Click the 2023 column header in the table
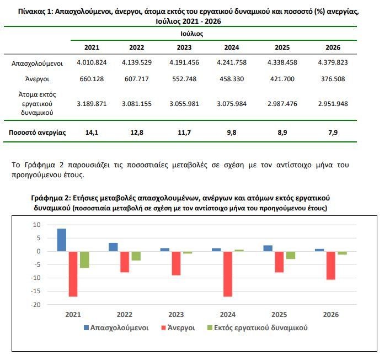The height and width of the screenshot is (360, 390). [x=184, y=47]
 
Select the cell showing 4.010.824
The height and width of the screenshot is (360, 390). [x=92, y=62]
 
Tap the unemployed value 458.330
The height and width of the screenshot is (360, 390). [x=232, y=79]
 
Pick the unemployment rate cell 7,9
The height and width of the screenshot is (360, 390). [x=333, y=133]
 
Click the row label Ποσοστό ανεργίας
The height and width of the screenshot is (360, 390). [x=38, y=133]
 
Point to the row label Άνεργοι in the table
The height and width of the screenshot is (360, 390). [x=37, y=79]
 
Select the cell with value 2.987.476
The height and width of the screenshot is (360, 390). [x=282, y=104]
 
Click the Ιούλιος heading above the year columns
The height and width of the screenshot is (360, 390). [x=192, y=34]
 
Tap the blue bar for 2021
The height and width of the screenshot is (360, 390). [x=62, y=240]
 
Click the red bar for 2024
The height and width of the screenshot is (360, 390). [x=228, y=274]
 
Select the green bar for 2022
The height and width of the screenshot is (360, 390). [x=136, y=256]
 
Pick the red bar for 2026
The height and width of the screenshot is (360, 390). [x=331, y=266]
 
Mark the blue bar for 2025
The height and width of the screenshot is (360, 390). [x=268, y=248]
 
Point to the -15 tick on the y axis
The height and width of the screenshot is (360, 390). [x=35, y=291]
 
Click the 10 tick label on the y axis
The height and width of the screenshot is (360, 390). [x=36, y=225]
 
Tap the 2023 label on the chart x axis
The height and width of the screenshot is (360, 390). [x=176, y=315]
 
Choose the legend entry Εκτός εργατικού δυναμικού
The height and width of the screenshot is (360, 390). [x=258, y=327]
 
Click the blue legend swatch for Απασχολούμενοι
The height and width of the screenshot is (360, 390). [x=86, y=327]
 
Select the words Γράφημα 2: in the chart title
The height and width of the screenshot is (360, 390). [x=51, y=198]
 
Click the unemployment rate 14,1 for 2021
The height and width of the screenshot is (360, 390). [x=92, y=133]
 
